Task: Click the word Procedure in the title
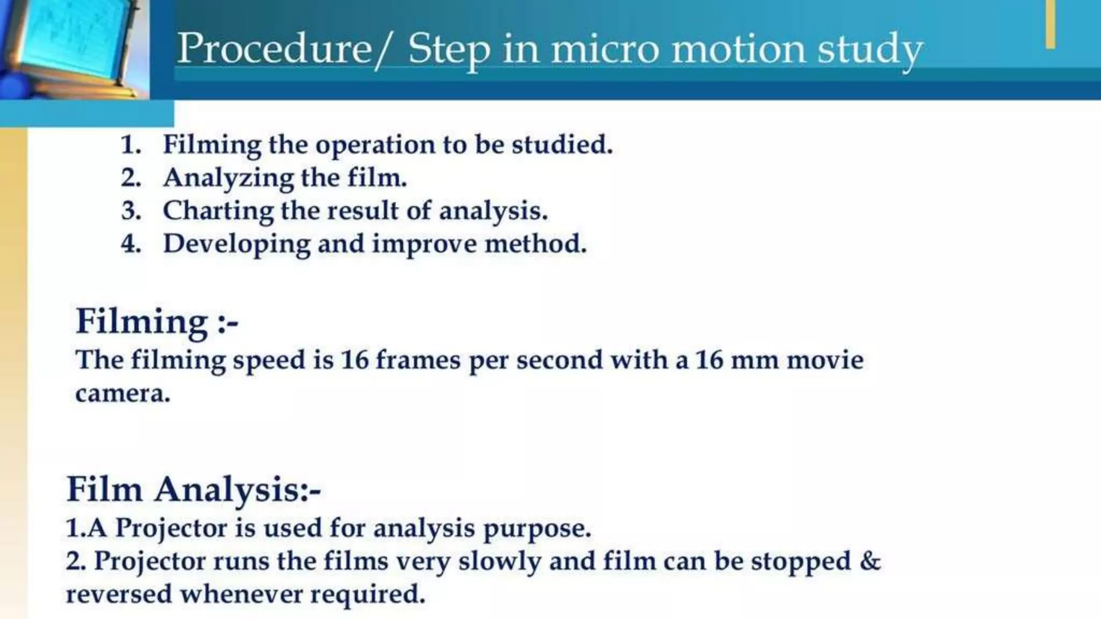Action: [274, 48]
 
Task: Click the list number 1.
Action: [131, 145]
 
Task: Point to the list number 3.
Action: [131, 211]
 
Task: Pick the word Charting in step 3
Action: [218, 211]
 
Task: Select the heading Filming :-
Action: [156, 321]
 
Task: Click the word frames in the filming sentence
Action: [417, 359]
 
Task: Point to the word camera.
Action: [123, 394]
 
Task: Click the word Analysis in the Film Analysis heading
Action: [237, 490]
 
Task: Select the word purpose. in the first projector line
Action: [537, 528]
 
